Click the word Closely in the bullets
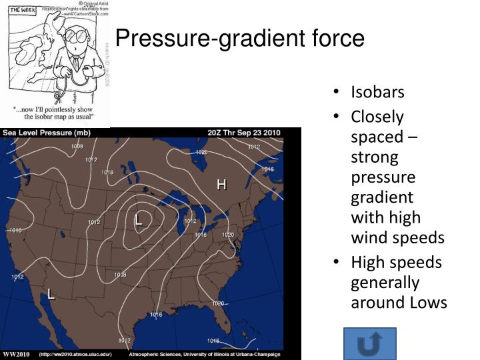pyautogui.click(x=377, y=117)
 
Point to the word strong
pyautogui.click(x=375, y=158)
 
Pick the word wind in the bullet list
pyautogui.click(x=366, y=238)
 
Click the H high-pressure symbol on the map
pyautogui.click(x=221, y=184)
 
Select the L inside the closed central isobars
pyautogui.click(x=139, y=219)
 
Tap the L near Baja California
pyautogui.click(x=51, y=293)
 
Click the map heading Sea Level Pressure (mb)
pyautogui.click(x=47, y=133)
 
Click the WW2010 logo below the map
pyautogui.click(x=16, y=353)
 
